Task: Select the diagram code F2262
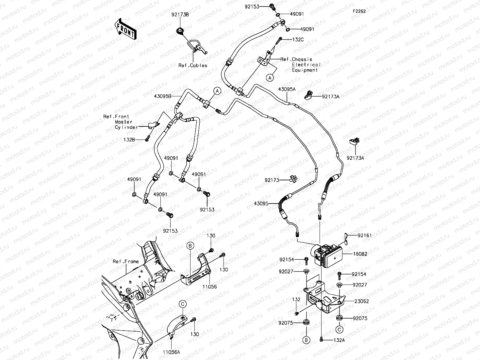(x=359, y=11)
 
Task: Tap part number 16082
(x=360, y=254)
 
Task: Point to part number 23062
(x=361, y=301)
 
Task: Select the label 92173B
(x=180, y=15)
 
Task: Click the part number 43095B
(x=162, y=96)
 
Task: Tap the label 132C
(x=298, y=40)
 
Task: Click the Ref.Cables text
(x=193, y=65)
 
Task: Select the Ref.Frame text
(x=126, y=261)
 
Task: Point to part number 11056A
(x=172, y=352)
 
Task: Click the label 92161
(x=364, y=235)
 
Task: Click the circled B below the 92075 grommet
(x=306, y=340)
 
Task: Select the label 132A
(x=339, y=340)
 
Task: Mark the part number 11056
(x=209, y=286)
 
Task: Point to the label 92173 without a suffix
(x=272, y=180)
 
